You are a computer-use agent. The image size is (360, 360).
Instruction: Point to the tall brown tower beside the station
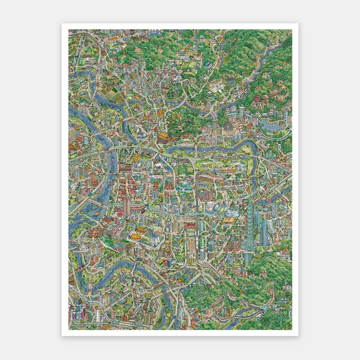pyautogui.click(x=126, y=205)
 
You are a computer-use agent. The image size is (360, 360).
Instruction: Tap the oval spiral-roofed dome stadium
pyautogui.click(x=232, y=211)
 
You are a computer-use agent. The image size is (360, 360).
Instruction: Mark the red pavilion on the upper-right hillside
pyautogui.click(x=258, y=99)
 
